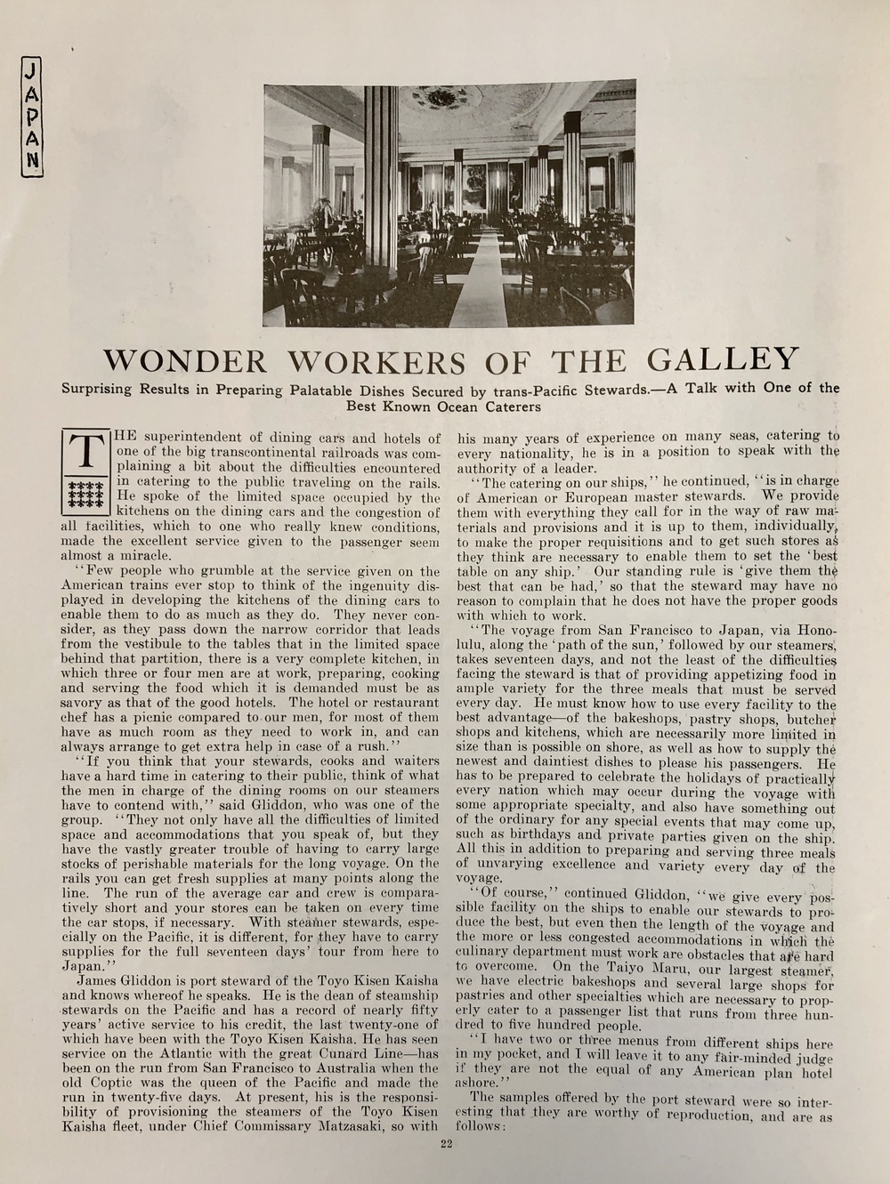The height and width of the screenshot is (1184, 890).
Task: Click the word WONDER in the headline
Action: click(x=184, y=361)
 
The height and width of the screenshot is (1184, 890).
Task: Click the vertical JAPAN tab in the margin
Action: click(x=32, y=117)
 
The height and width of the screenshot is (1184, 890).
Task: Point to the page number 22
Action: click(x=447, y=1144)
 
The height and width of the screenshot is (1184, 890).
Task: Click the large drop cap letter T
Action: click(x=86, y=453)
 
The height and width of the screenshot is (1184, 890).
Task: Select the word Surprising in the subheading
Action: click(x=96, y=390)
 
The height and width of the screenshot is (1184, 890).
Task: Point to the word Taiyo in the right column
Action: click(x=628, y=967)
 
